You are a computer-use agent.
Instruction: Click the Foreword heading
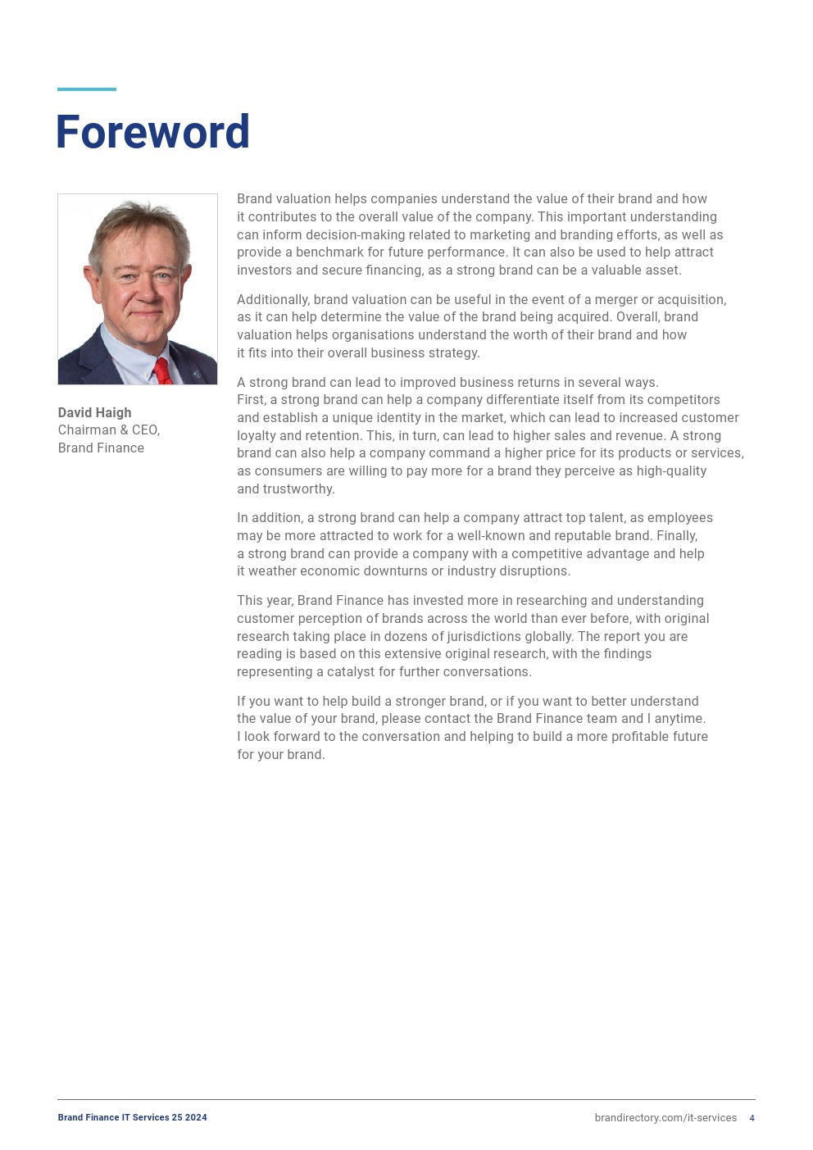152,132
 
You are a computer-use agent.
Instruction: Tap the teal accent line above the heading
87,89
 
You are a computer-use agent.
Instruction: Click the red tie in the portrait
162,371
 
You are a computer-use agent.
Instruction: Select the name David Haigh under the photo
94,412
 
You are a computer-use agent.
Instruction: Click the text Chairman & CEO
108,430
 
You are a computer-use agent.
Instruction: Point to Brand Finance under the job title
101,448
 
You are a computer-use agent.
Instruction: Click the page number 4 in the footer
752,1118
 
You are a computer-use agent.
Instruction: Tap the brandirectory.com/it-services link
665,1118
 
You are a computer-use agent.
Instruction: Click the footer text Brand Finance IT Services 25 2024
132,1118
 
